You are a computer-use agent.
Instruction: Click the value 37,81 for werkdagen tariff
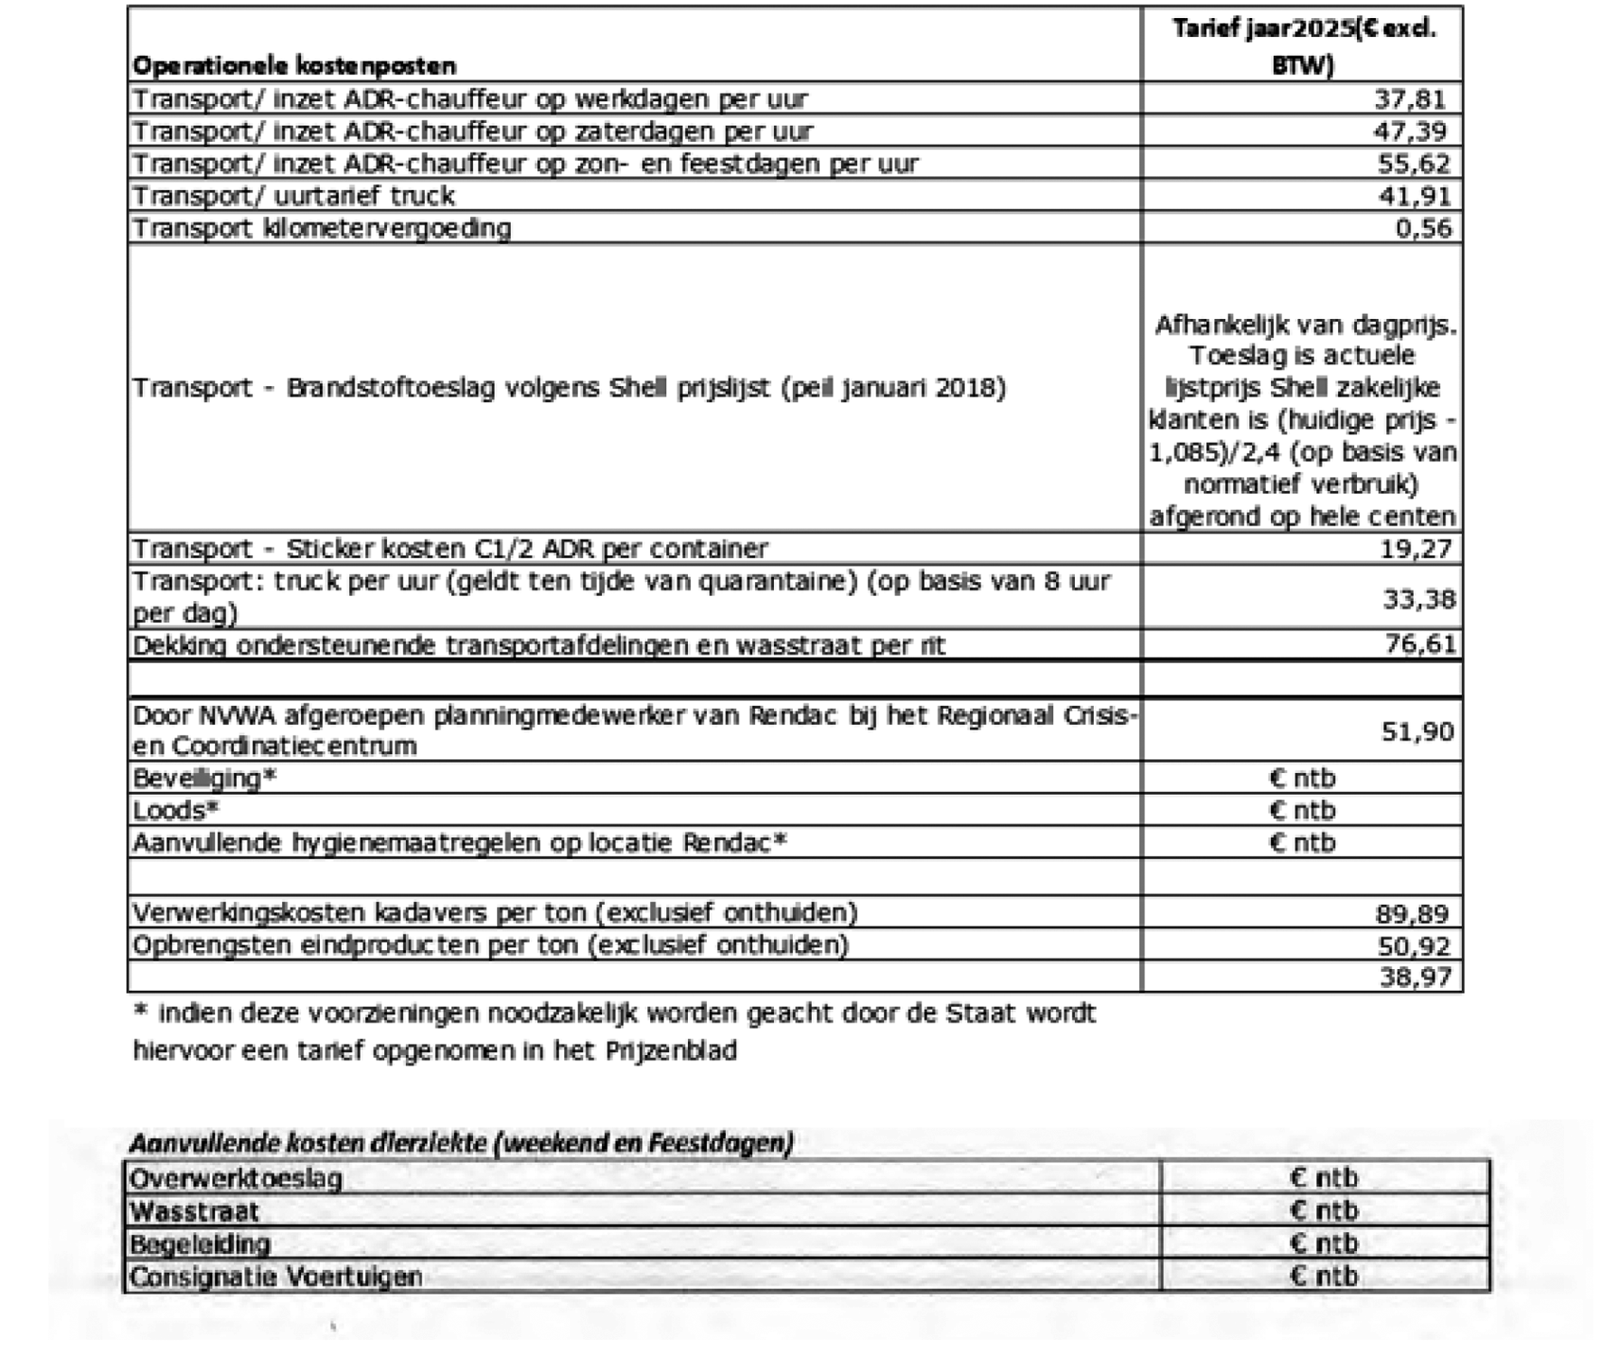1409,99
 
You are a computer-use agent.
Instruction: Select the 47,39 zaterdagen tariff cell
1409,131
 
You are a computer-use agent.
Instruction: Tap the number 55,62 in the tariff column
1413,164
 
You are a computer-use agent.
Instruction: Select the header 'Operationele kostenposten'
294,66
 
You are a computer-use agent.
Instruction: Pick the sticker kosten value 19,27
1416,549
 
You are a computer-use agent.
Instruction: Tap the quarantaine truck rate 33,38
1418,598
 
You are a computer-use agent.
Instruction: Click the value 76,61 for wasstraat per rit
1420,645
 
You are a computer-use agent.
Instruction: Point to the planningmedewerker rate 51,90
1418,730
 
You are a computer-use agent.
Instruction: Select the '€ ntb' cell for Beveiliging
1302,778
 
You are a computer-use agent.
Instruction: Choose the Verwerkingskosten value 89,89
1412,914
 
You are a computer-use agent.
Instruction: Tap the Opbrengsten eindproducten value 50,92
1414,946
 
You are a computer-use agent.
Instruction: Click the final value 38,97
1416,977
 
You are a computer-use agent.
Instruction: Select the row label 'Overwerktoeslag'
236,1179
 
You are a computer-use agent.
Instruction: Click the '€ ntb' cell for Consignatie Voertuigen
1324,1276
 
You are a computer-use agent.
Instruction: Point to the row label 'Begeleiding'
200,1244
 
